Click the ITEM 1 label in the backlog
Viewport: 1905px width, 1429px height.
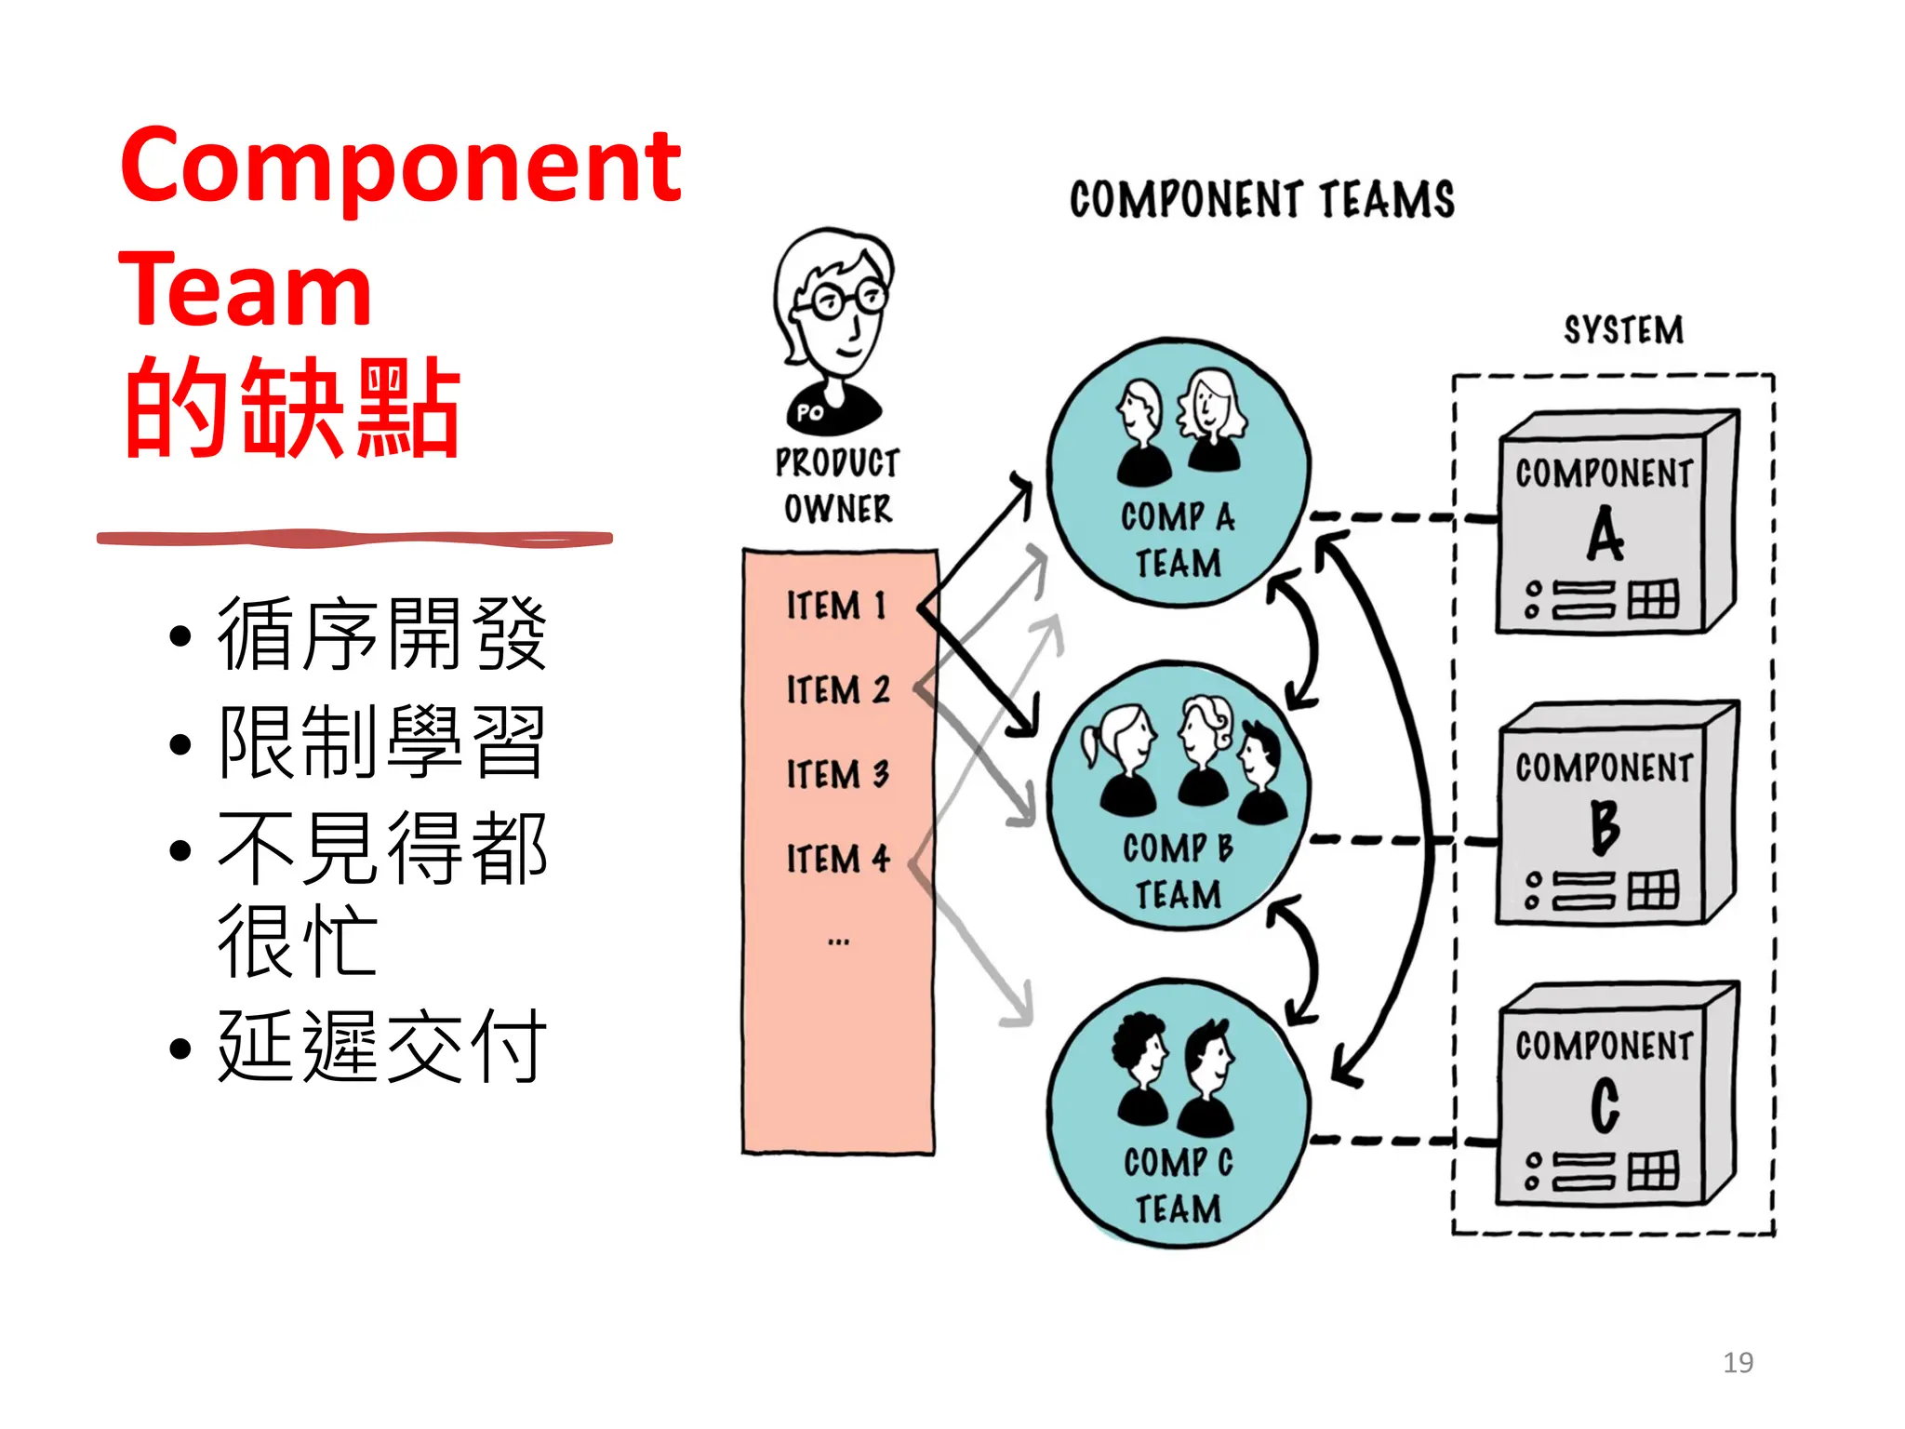[836, 606]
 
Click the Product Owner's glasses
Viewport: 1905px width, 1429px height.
[847, 300]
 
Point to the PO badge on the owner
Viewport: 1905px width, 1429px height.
[810, 412]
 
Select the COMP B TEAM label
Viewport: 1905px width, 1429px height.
[1178, 871]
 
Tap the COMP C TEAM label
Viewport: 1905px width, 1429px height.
[1178, 1185]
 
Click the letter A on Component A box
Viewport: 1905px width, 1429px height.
[1605, 535]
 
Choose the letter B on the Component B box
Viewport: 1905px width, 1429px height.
[1605, 826]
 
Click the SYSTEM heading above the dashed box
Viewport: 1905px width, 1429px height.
[1623, 330]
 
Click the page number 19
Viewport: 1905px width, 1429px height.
[1738, 1363]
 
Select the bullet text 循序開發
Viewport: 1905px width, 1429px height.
[381, 634]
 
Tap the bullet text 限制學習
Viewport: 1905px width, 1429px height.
[381, 741]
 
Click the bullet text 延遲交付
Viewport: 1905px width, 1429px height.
[381, 1047]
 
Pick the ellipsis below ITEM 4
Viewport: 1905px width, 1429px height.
[838, 942]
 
